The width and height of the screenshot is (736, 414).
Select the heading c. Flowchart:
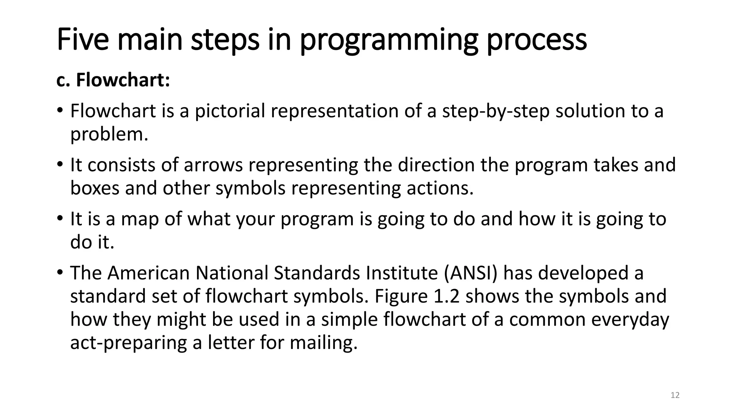pyautogui.click(x=113, y=80)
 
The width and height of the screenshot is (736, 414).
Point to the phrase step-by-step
pyautogui.click(x=496, y=111)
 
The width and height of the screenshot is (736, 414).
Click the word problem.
pyautogui.click(x=109, y=134)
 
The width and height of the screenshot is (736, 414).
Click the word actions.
pyautogui.click(x=440, y=188)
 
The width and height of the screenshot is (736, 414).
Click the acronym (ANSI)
pyautogui.click(x=470, y=273)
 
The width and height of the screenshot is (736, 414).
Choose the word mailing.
pyautogui.click(x=323, y=342)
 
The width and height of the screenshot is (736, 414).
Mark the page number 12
pyautogui.click(x=675, y=395)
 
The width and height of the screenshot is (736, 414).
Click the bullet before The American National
pyautogui.click(x=60, y=272)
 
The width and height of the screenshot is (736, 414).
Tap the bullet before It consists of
pyautogui.click(x=60, y=164)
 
